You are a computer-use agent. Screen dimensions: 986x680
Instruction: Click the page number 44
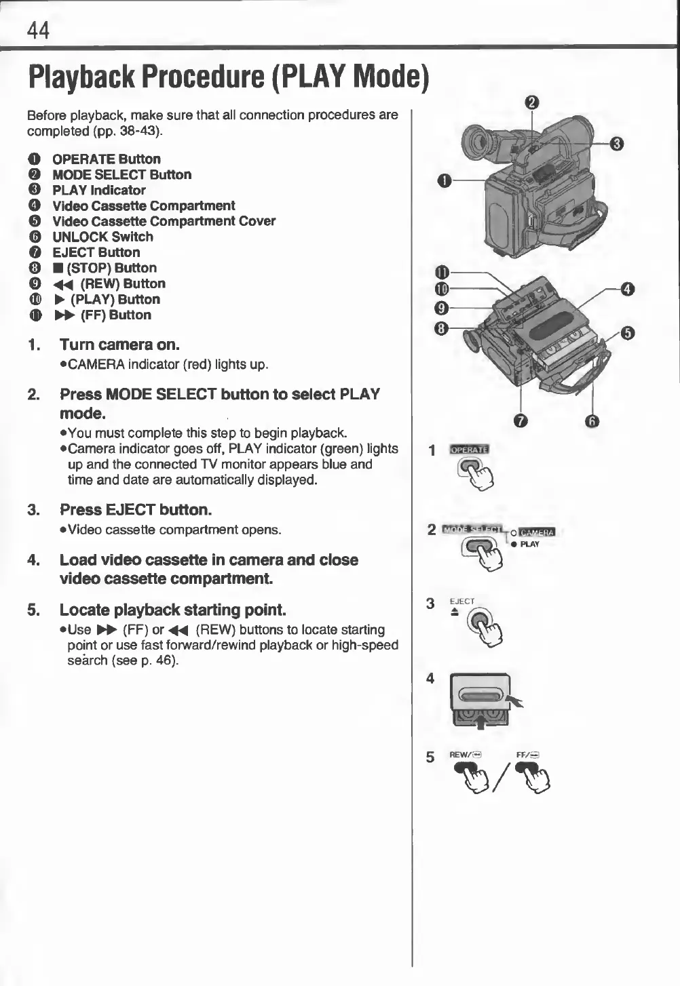38,30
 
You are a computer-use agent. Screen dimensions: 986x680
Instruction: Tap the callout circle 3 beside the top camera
617,143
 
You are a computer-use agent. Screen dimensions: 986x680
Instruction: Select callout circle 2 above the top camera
532,103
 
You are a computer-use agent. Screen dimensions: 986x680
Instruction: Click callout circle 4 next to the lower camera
628,290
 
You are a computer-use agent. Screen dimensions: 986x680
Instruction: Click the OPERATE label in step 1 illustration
469,449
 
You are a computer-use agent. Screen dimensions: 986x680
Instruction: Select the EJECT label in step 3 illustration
462,601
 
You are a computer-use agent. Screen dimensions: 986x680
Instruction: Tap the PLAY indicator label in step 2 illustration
530,544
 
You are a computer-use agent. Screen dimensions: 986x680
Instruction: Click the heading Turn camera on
119,344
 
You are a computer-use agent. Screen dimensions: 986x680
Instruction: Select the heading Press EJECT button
136,509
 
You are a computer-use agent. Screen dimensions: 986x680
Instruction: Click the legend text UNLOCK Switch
102,237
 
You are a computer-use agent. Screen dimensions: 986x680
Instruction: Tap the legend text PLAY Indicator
99,190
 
